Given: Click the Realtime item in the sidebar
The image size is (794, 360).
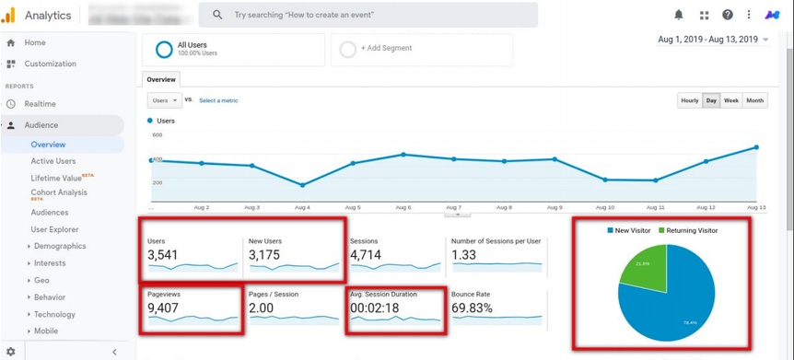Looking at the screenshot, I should tap(40, 104).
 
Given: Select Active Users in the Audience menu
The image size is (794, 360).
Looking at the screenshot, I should tap(53, 161).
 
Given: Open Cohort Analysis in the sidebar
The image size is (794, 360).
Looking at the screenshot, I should tap(59, 192).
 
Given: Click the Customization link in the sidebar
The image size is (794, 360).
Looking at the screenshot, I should tap(50, 64).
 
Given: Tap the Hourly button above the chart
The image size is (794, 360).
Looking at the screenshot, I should tap(689, 100).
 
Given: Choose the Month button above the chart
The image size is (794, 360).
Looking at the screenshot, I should tap(755, 100).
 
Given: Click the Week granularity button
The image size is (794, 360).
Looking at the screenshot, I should tap(731, 100).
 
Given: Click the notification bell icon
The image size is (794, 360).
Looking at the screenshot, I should tap(679, 15).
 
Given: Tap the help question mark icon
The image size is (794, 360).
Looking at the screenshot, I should tap(728, 15).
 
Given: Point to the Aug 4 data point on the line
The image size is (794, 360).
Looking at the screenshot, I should tap(303, 185).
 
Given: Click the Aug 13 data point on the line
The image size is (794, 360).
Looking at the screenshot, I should tap(756, 147).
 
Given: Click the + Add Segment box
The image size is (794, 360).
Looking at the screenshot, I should tap(386, 49).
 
